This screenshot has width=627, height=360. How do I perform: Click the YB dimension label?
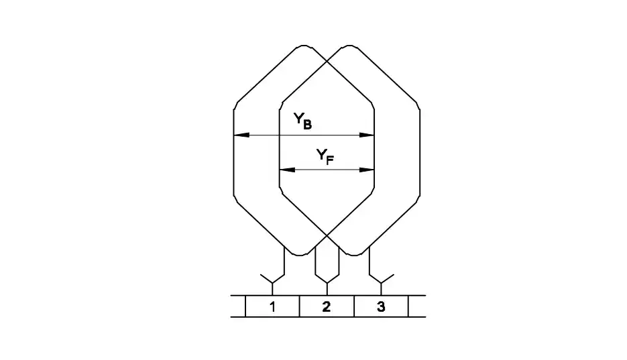click(302, 121)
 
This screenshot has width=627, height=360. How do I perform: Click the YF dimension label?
click(325, 156)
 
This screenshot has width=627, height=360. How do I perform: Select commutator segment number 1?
click(272, 306)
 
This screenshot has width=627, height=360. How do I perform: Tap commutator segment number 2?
click(327, 306)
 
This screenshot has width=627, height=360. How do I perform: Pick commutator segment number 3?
click(381, 306)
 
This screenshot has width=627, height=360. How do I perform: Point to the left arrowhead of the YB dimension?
click(241, 135)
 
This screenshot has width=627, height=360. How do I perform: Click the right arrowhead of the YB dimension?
click(367, 135)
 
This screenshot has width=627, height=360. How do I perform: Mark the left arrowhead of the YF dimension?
click(287, 170)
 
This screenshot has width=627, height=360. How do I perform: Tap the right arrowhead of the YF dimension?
click(367, 170)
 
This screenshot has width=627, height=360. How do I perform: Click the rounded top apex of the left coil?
click(304, 46)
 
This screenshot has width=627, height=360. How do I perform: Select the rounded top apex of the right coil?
click(350, 46)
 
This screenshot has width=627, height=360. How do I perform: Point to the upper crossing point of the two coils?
click(327, 61)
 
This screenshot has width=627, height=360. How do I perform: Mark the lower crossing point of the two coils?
click(327, 236)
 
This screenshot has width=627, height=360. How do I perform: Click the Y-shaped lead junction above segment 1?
click(272, 283)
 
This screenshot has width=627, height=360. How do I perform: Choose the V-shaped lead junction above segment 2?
click(327, 283)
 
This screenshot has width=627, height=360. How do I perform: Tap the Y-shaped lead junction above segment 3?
click(382, 283)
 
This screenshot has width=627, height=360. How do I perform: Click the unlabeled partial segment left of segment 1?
click(238, 306)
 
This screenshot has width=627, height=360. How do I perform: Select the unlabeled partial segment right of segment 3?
click(417, 306)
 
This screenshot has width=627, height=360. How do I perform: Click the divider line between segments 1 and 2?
click(300, 306)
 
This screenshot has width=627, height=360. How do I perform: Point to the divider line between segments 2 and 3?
click(354, 306)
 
